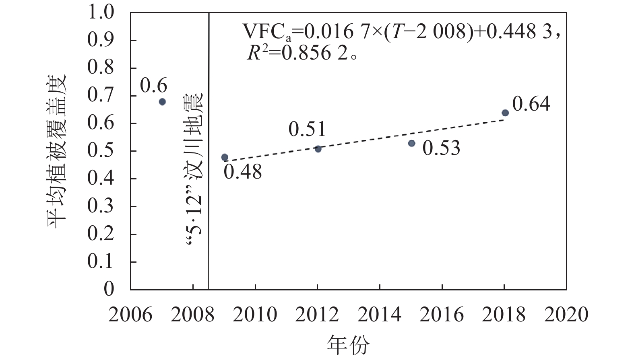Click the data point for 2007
tap(162, 102)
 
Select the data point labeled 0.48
tap(225, 157)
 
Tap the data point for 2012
tap(318, 149)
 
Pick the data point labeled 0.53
tap(411, 143)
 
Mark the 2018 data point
tap(505, 113)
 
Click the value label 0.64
tap(531, 104)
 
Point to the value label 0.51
tap(307, 129)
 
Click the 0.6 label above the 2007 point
tap(153, 85)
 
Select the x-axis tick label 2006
tap(130, 314)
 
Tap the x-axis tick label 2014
tap(380, 314)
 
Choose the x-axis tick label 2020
tap(566, 314)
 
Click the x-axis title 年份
tap(348, 345)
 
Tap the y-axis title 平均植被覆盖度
tap(57, 151)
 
